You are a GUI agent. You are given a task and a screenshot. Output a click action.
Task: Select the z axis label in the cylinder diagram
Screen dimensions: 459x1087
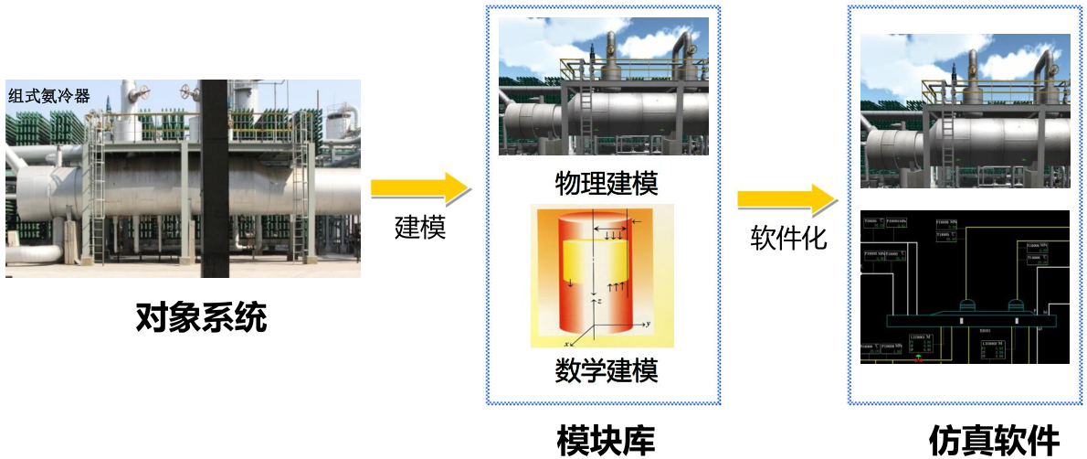click(597, 300)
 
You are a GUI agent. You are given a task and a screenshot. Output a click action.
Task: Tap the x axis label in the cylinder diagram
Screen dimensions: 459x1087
click(567, 343)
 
